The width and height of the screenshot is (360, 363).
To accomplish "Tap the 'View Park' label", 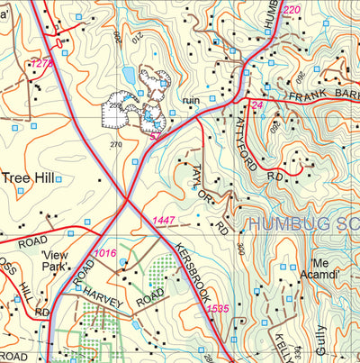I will (x=59, y=261).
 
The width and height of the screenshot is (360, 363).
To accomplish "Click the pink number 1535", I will (x=219, y=309).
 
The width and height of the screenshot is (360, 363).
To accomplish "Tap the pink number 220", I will (x=291, y=10).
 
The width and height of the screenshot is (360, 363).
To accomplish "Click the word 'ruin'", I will (x=189, y=101).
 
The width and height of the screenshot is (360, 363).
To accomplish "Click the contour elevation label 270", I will (x=114, y=144).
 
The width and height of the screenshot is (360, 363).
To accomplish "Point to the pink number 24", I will (x=257, y=105).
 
